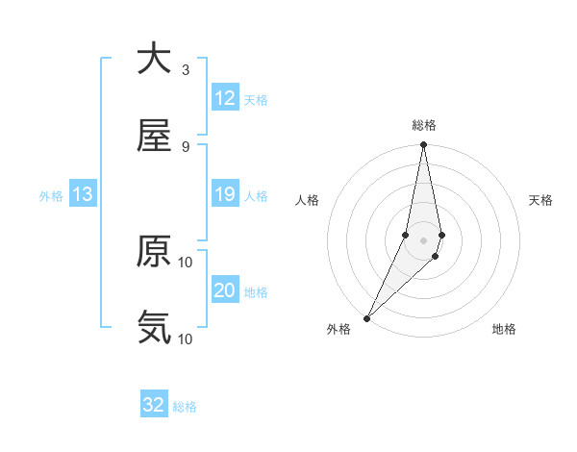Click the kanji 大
coord(154,59)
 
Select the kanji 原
coord(154,251)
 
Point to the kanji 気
coord(154,328)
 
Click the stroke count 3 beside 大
coord(186,69)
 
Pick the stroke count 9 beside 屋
coord(186,146)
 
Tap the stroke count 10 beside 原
coord(186,262)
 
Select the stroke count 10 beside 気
coord(186,339)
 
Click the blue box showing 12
coord(225,98)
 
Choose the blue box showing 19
coord(225,194)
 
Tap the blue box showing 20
coord(225,290)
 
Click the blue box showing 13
coord(83,194)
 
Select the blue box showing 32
coord(154,405)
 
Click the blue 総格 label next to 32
coord(185,407)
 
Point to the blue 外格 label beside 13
coord(51,196)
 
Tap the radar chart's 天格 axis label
coord(541,200)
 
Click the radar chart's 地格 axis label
coord(504,330)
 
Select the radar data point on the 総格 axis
coord(423,145)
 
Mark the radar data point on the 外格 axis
coord(366,317)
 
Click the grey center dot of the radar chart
coord(423,239)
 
